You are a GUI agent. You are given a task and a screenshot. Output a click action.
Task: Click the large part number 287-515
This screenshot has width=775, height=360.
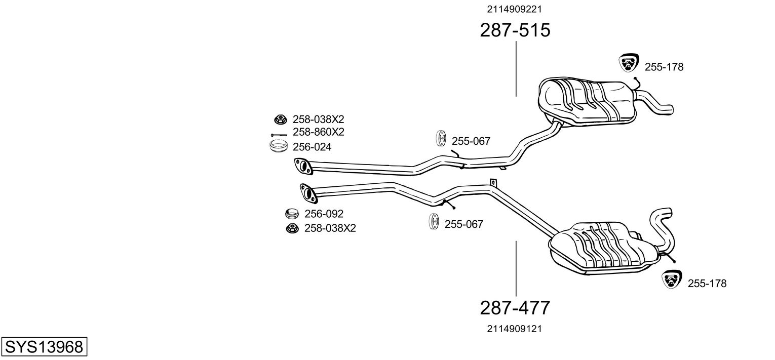(515, 30)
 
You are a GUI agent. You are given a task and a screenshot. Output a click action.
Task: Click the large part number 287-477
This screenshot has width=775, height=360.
(515, 308)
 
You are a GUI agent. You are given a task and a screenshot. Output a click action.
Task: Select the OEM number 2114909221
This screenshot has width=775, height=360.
(514, 9)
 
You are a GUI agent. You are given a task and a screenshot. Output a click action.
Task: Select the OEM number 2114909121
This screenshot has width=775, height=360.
(514, 329)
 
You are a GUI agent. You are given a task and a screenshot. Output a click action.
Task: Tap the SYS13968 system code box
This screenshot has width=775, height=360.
(44, 346)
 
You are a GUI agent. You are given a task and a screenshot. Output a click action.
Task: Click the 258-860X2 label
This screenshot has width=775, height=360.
(318, 132)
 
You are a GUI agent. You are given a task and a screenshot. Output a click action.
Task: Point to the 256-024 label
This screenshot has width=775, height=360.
(312, 147)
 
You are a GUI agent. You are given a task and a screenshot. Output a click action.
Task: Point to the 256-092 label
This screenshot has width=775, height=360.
(324, 214)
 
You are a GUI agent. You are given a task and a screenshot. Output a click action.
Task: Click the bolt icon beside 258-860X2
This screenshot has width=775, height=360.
(279, 135)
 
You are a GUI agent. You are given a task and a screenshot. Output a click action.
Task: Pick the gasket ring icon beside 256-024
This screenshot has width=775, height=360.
(279, 146)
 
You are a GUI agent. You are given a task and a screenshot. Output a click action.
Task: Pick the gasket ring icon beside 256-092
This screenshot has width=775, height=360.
(292, 214)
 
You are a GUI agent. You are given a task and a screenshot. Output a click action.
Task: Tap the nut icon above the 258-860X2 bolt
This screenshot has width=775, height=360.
(280, 119)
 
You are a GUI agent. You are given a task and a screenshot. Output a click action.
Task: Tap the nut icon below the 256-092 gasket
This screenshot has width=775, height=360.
(292, 228)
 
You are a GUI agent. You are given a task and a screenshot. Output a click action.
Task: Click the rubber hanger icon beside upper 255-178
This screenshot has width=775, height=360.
(629, 63)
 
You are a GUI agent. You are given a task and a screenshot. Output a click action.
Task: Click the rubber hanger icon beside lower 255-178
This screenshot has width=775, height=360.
(672, 279)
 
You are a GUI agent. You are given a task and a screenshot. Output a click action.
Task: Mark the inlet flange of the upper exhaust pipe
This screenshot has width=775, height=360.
(303, 166)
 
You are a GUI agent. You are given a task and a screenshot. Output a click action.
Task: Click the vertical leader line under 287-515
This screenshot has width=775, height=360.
(516, 69)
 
